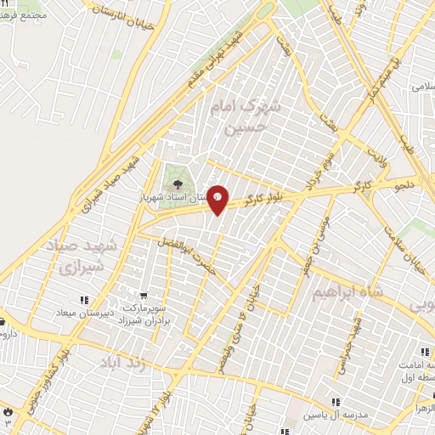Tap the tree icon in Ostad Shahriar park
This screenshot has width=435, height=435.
pyautogui.click(x=178, y=183)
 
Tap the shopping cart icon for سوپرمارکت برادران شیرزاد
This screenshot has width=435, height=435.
pyautogui.click(x=154, y=295)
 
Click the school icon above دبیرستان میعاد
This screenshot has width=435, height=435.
pyautogui.click(x=83, y=300)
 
